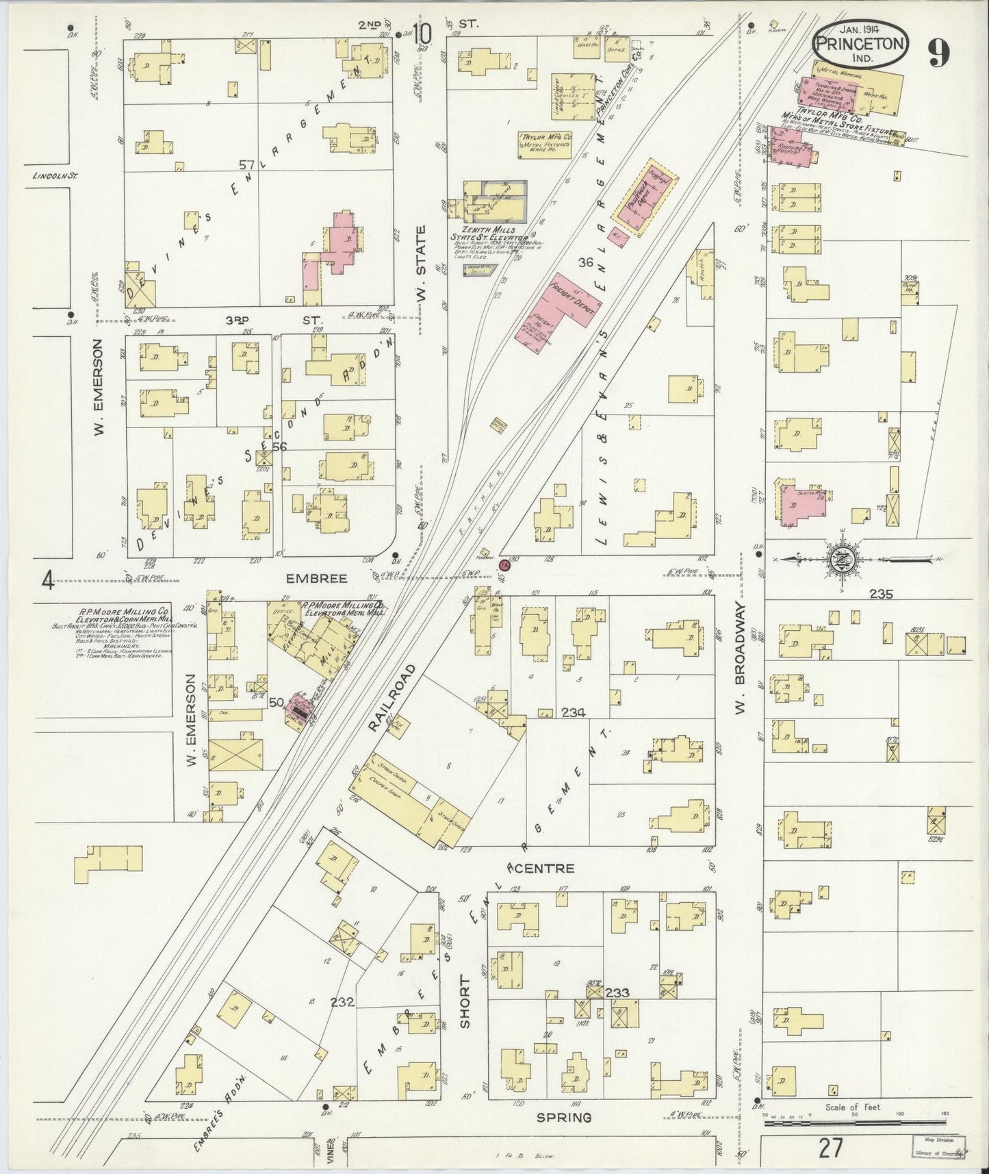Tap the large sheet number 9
coord(940,53)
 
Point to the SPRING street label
coord(563,1117)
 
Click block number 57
coord(247,165)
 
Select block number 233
coord(617,991)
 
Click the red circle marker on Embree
coord(504,565)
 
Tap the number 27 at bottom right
coord(830,1149)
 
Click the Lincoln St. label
coord(55,175)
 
